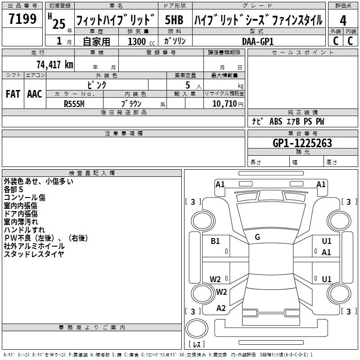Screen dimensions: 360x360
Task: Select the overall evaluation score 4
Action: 343,20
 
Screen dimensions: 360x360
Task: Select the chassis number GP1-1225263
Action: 302,143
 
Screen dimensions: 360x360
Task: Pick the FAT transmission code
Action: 13,94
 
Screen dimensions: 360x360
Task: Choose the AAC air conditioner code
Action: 35,94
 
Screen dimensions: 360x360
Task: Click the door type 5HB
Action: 174,20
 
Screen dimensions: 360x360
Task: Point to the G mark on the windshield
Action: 257,237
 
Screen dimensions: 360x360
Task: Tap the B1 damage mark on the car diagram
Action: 216,241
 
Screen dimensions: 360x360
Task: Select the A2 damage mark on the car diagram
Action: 221,308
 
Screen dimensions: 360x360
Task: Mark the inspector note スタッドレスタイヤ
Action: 34,254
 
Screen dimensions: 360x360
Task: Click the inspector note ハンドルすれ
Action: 21,230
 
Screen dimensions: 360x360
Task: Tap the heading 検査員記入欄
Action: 92,173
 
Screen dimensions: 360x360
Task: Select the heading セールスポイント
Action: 302,53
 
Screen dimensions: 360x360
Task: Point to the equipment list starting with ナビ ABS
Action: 288,121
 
